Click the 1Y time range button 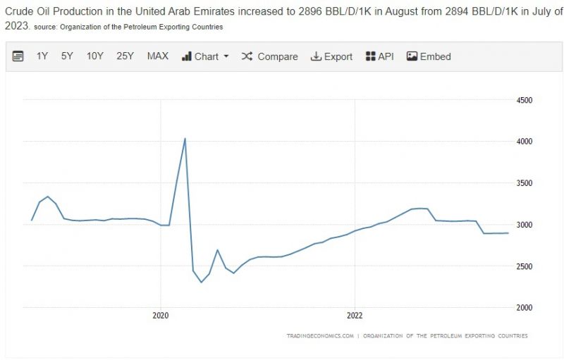coord(42,56)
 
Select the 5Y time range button coord(67,56)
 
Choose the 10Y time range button coord(95,56)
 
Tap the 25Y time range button coord(125,56)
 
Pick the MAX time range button coord(157,56)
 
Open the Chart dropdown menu coord(205,56)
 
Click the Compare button coord(269,56)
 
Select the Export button coord(331,56)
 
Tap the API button coord(379,56)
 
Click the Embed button coord(429,56)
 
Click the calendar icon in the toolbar coord(18,56)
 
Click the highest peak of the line coord(185,138)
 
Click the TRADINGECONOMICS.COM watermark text coord(320,336)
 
